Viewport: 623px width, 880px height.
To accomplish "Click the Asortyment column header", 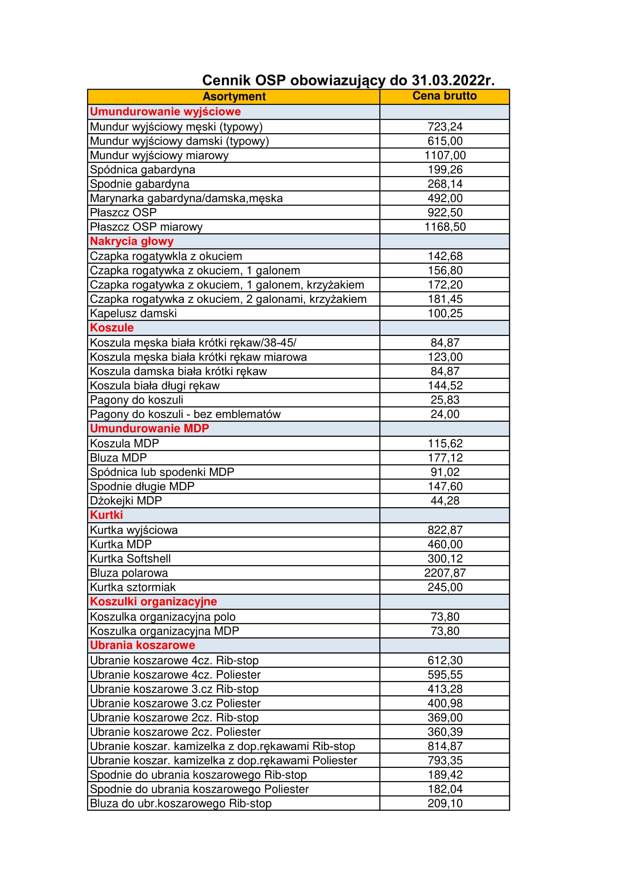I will tap(234, 96).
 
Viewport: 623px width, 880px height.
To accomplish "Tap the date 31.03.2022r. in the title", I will tap(453, 80).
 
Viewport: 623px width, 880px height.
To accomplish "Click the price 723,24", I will tap(445, 126).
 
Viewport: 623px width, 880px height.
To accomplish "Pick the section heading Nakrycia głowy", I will tap(131, 241).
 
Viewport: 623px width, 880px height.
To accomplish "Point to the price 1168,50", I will tap(445, 226).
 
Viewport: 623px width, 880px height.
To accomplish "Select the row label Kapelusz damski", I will tap(133, 313).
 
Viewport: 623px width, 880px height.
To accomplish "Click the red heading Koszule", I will tap(111, 328).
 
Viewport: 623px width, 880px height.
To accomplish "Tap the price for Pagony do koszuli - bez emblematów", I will tap(445, 414).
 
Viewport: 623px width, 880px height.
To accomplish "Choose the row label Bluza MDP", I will tap(118, 457).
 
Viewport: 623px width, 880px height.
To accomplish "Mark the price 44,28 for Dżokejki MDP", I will tap(445, 500).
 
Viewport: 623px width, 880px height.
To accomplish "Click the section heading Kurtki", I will tap(106, 515).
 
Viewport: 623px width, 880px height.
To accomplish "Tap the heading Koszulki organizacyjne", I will tap(153, 602).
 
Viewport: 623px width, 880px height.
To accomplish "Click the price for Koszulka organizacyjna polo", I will tap(445, 617).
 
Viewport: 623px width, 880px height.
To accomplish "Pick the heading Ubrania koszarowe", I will tap(142, 646).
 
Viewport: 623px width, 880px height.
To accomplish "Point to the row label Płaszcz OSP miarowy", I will tap(146, 226).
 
